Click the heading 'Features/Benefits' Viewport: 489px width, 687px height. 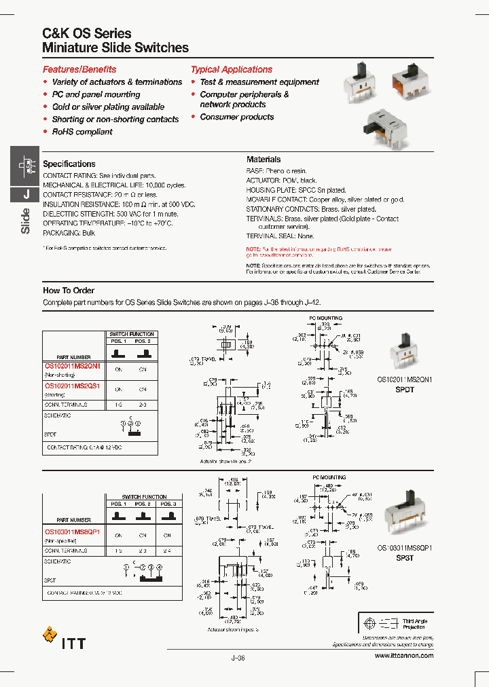pos(79,69)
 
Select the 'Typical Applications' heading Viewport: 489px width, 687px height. pos(231,69)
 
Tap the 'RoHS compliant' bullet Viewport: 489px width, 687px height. pos(82,132)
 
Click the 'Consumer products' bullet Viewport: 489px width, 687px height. pos(236,117)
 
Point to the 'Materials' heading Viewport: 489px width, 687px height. pos(263,160)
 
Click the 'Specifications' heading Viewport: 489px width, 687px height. pos(69,164)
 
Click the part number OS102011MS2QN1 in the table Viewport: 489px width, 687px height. pos(72,366)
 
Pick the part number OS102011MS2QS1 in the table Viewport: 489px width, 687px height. pos(72,385)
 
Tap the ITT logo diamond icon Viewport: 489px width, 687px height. pos(50,635)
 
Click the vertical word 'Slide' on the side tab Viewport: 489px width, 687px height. pos(26,221)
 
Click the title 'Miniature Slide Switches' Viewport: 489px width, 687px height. pos(115,48)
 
